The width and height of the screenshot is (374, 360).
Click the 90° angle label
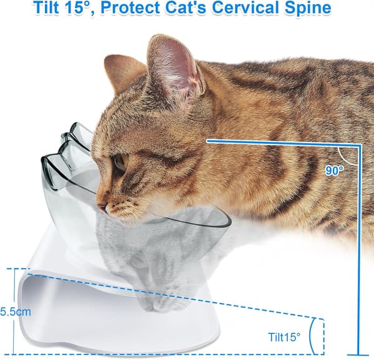point(334,171)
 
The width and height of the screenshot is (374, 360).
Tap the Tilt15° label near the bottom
point(284,337)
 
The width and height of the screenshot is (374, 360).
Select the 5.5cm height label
point(16,311)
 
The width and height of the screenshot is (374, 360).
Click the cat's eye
point(118,163)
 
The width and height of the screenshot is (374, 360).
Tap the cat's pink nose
point(102,207)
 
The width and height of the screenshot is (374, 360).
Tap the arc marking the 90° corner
point(343,158)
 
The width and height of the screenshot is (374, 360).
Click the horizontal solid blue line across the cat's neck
point(284,143)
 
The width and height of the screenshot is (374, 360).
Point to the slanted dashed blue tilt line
point(175,296)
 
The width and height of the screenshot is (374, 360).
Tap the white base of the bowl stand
point(119,317)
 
